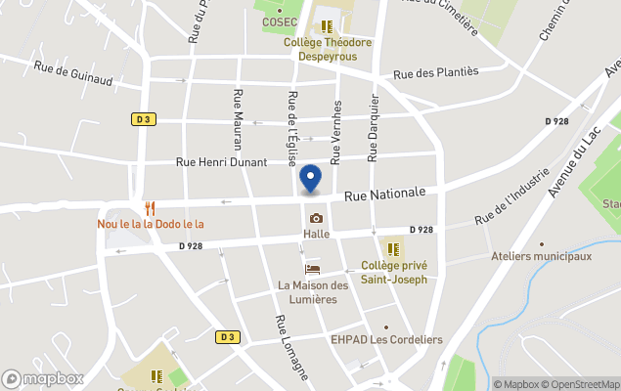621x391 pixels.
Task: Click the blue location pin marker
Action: [x=310, y=179]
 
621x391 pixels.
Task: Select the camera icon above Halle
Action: [x=316, y=218]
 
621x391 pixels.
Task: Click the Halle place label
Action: [x=316, y=235]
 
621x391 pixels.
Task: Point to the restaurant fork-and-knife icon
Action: [x=150, y=208]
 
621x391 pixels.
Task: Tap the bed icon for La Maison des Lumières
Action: [x=313, y=269]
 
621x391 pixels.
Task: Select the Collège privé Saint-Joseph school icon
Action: [x=393, y=248]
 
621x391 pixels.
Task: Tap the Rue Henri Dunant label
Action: [x=221, y=162]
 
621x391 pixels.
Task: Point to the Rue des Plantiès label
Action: [x=435, y=72]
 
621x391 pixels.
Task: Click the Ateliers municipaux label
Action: [x=542, y=257]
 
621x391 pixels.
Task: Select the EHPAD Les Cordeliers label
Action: [x=386, y=340]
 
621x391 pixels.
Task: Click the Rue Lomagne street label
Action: [x=291, y=346]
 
